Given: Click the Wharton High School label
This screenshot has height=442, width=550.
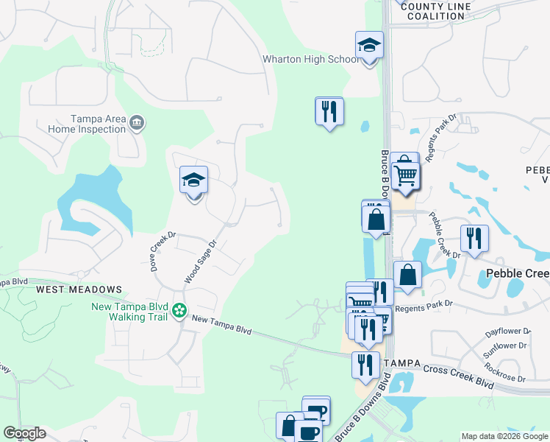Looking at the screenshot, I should [x=311, y=60].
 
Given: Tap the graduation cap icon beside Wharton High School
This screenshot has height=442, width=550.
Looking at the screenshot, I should [x=369, y=46].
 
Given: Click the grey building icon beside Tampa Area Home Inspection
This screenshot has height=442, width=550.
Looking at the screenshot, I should [x=137, y=123].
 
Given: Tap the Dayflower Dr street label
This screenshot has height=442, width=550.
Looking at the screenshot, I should [x=506, y=332].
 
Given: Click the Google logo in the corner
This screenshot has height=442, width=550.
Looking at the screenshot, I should [x=24, y=433].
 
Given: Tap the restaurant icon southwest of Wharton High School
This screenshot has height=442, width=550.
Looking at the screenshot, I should [x=329, y=111].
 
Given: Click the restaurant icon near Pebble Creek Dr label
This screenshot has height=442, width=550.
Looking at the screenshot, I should [x=474, y=239].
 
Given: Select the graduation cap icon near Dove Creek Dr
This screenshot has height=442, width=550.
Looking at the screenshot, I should [x=194, y=180].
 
